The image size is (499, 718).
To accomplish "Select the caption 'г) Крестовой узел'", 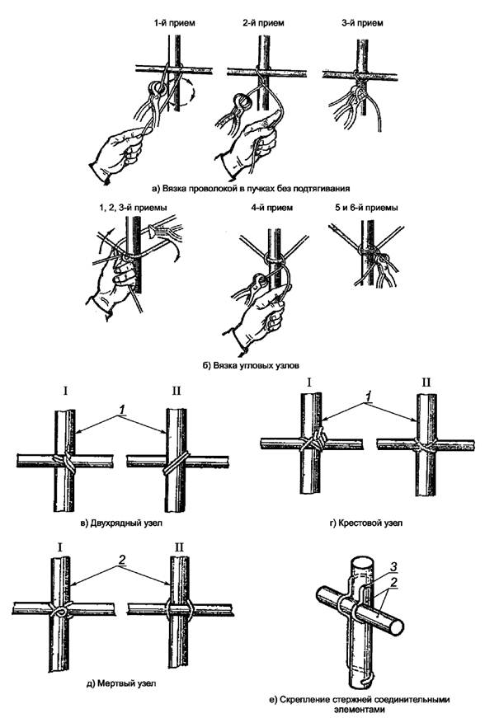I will tap(365, 523).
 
